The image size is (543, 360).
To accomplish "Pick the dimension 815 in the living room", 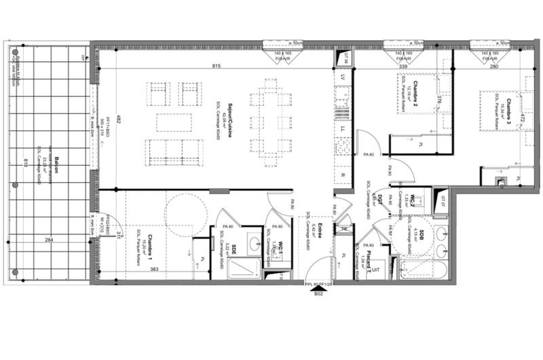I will pyautogui.click(x=216, y=66).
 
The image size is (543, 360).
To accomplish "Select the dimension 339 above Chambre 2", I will pyautogui.click(x=402, y=67).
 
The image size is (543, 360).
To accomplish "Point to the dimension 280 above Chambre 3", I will pyautogui.click(x=494, y=67).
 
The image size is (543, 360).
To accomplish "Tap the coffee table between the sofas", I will pyautogui.click(x=169, y=122).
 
